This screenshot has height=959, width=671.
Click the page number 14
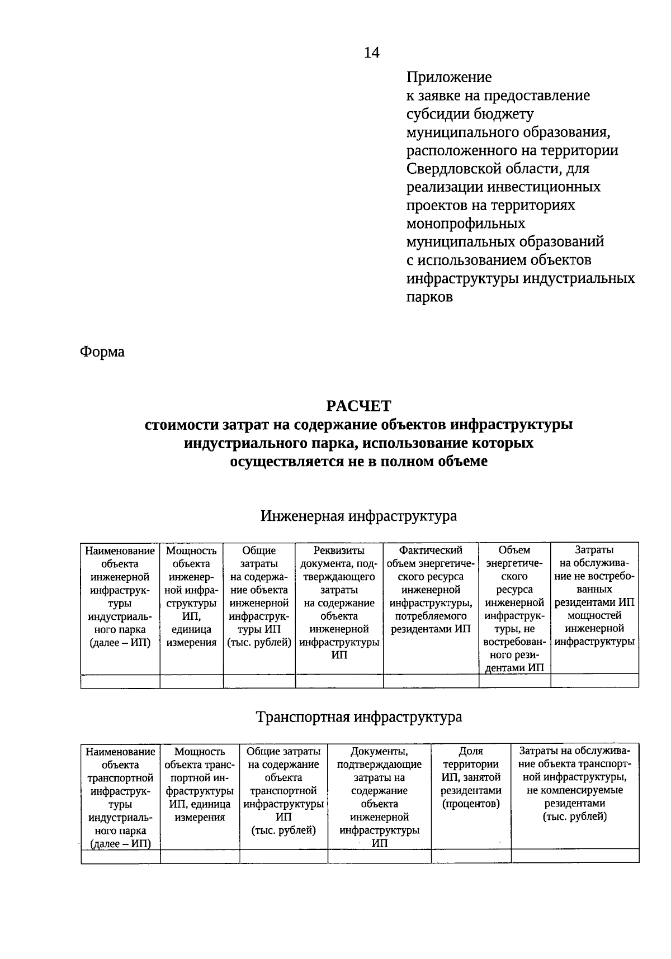click(371, 53)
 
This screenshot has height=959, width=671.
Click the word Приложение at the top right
click(449, 77)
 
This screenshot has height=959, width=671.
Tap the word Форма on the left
click(102, 352)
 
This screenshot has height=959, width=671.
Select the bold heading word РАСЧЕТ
click(358, 406)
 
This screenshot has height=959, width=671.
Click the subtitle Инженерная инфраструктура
click(358, 515)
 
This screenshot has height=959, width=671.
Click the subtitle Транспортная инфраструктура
click(358, 716)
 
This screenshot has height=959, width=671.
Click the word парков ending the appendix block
click(429, 297)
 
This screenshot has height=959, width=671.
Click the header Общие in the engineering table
click(259, 550)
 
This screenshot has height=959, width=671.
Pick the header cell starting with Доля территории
click(471, 777)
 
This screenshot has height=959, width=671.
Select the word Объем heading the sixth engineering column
click(514, 550)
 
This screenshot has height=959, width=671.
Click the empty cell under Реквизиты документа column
click(339, 681)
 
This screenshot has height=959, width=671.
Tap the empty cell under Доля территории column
click(471, 856)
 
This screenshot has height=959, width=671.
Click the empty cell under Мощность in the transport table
click(200, 856)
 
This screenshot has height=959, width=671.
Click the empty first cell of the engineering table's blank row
click(120, 681)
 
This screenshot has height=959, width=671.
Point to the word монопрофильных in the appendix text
click(465, 224)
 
